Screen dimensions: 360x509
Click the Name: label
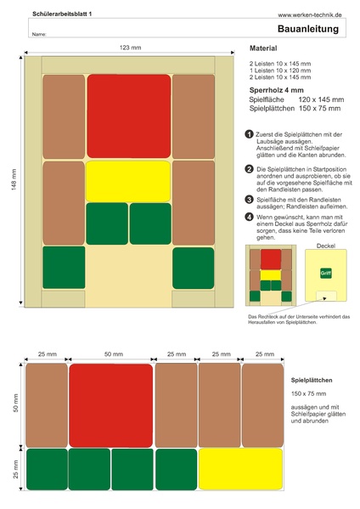[x=38, y=35]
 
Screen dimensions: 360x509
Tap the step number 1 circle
[x=249, y=134]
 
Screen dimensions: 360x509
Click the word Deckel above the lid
[x=326, y=246]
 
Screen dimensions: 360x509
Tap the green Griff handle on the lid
[x=326, y=274]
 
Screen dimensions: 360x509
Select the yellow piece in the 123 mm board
[x=129, y=180]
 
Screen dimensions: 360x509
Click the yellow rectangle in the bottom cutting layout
[x=240, y=468]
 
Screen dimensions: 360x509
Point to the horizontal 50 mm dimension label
[x=110, y=353]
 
